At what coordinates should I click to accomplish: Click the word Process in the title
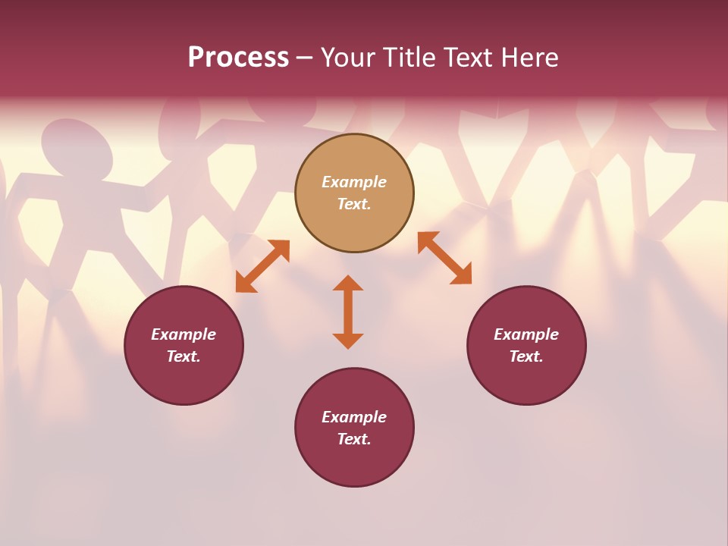[x=238, y=58]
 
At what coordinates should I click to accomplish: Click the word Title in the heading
[x=408, y=58]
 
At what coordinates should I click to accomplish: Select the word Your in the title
[x=349, y=58]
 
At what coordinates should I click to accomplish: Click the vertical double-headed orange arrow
[x=348, y=312]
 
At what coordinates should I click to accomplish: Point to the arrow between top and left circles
[x=262, y=266]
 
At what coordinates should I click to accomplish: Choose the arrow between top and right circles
[x=444, y=258]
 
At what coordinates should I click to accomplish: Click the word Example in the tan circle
[x=354, y=182]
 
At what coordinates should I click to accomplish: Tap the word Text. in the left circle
[x=184, y=356]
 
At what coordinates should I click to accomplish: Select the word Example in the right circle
[x=526, y=334]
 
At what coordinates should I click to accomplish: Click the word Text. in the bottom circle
[x=354, y=439]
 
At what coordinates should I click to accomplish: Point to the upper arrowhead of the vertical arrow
[x=348, y=283]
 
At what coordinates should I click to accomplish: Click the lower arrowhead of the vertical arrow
[x=348, y=340]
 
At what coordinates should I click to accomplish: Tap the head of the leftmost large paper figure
[x=77, y=149]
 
